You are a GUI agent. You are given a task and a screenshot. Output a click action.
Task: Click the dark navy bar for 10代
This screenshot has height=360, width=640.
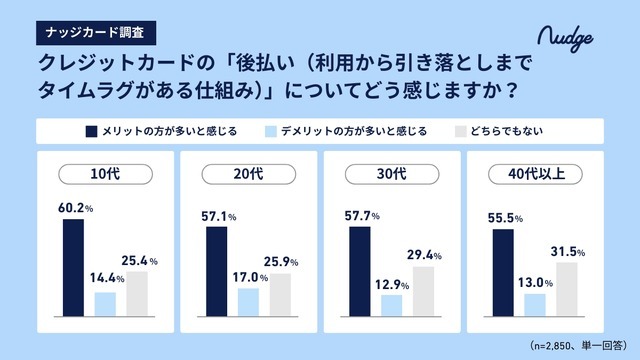pos(73,266)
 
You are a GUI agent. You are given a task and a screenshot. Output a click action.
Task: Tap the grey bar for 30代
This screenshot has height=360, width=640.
pos(423,289)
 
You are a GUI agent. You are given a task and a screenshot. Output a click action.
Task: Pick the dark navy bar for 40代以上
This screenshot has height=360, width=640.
pos(503,271)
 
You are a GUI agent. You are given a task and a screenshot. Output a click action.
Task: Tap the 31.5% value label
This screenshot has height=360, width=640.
pos(568,251)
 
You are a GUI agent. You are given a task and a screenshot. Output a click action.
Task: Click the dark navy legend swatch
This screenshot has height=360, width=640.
pos(91,131)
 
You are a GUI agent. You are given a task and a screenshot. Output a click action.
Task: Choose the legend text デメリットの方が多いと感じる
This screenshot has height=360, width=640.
pos(354,131)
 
